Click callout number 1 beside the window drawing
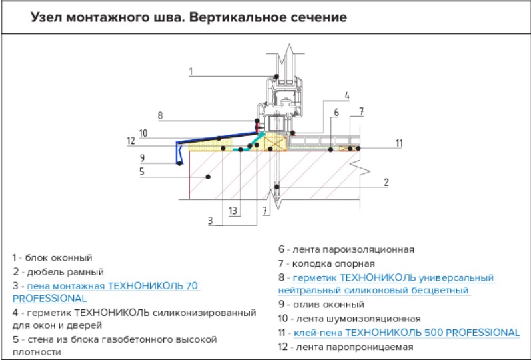pos(190,70)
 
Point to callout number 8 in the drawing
pos(160,115)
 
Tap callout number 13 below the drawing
pos(232,211)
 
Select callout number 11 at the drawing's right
pos(398,143)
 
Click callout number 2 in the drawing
pos(386,181)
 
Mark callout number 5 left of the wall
pos(142,171)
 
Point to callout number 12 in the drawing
pos(131,140)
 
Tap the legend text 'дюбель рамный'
pos(63,271)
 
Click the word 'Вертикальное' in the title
pos(235,17)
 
